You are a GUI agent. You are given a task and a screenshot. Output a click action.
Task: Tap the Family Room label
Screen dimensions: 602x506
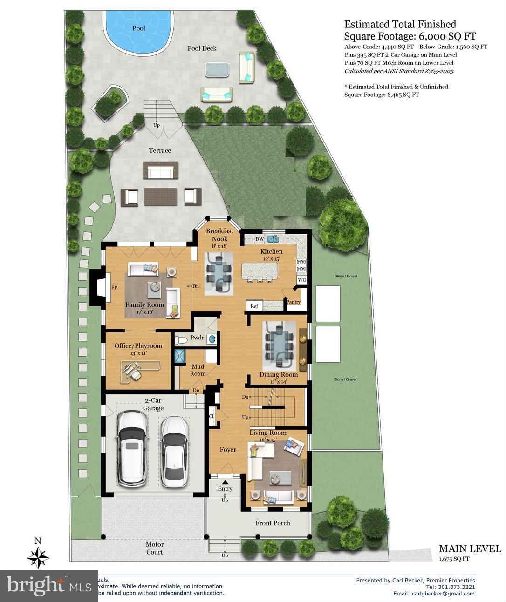144,305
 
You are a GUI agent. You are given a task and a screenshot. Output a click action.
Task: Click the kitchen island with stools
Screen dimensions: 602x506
260,270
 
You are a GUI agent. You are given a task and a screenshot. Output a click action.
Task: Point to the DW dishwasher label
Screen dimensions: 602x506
260,239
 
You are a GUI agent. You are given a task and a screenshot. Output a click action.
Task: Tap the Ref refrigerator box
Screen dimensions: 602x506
254,306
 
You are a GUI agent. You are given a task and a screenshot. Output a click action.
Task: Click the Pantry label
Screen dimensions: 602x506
294,302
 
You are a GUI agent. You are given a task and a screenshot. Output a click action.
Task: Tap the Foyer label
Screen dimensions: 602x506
228,450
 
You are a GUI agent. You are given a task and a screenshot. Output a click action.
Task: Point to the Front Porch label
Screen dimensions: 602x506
273,523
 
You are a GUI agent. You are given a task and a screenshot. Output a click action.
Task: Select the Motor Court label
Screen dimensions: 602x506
155,548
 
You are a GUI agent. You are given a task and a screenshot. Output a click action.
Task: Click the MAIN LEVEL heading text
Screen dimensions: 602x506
470,549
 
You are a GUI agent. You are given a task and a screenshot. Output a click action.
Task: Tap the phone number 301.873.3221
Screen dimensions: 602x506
457,587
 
